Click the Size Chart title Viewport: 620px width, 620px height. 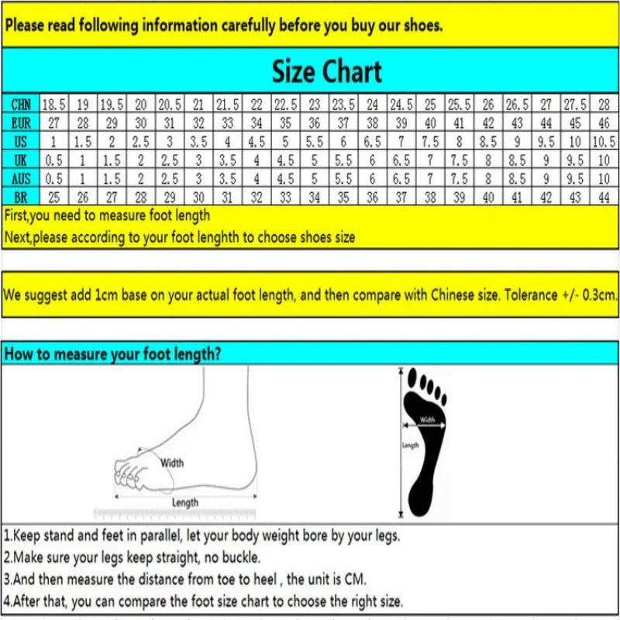pos(326,72)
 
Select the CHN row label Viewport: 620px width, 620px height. pos(21,104)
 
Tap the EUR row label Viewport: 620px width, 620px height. pos(21,122)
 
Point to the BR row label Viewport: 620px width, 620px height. pos(21,197)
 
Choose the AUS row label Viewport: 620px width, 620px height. pos(21,178)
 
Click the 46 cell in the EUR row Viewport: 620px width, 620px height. pos(604,122)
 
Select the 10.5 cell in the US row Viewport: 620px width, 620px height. pos(604,141)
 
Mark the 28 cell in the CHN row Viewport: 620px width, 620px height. pos(604,104)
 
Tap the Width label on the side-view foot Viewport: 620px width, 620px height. pos(172,463)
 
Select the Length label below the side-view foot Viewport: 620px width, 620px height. pos(185,502)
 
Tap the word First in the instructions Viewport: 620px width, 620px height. pos(17,215)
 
